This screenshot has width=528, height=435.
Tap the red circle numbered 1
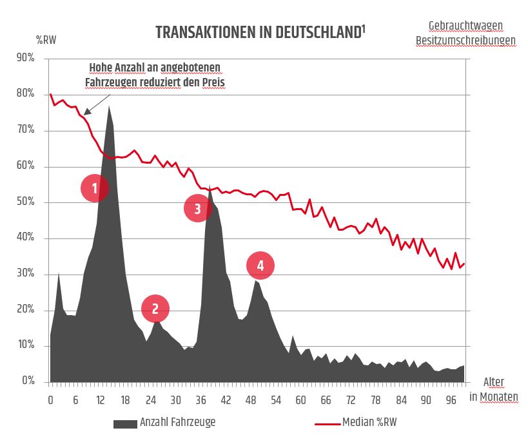point(95,188)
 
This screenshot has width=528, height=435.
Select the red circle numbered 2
point(155,309)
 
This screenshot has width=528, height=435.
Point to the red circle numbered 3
point(198,208)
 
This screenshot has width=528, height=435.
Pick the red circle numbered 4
point(260,265)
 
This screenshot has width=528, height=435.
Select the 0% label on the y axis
point(28,382)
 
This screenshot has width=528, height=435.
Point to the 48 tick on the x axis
point(251,400)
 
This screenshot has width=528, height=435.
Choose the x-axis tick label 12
point(101,400)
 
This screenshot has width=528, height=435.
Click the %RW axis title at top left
point(46,39)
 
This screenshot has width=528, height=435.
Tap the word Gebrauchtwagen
point(465,26)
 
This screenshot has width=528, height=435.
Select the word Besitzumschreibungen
point(465,40)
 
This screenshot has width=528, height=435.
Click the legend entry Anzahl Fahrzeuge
point(177,423)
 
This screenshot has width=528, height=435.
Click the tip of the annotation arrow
point(84,114)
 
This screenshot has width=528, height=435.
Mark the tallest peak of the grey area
point(110,106)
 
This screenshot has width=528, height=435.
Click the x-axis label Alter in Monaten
point(493,389)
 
